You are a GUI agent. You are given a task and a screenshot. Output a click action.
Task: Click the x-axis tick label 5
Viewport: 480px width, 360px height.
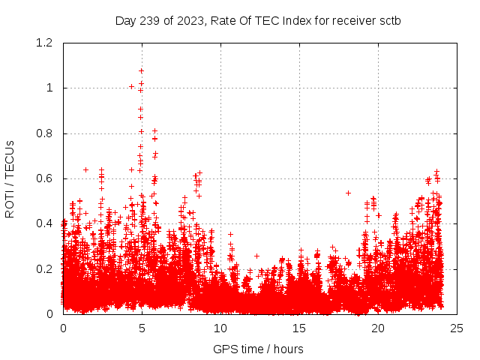(142, 328)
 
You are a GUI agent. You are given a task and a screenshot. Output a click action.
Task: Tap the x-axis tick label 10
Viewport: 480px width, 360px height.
(220, 328)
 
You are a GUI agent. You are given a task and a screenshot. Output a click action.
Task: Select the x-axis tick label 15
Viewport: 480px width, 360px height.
(299, 328)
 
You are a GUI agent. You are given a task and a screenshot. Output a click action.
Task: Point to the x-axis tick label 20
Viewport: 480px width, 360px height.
(378, 328)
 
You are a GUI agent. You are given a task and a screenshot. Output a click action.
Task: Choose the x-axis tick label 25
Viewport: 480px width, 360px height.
(457, 328)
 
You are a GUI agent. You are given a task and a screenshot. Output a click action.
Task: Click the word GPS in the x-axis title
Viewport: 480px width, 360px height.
(224, 349)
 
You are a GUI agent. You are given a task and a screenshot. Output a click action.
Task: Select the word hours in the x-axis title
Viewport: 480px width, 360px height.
(288, 349)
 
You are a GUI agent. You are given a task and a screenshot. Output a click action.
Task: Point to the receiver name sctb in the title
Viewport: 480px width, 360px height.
(388, 20)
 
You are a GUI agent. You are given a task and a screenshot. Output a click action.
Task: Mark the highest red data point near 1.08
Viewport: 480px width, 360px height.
(141, 70)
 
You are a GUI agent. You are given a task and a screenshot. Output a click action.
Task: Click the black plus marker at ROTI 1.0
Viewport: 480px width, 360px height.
(132, 86)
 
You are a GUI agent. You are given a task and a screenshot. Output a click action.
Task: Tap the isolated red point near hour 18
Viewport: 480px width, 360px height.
(348, 193)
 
